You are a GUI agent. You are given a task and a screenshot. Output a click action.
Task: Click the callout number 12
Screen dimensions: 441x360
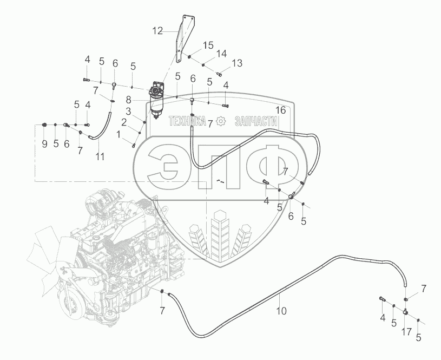tap(157, 31)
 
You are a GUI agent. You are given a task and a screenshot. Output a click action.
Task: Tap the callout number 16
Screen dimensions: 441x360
tap(279, 110)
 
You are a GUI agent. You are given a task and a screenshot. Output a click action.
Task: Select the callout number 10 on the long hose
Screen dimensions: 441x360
tap(281, 311)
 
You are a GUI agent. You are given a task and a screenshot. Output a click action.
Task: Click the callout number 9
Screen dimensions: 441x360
tap(44, 143)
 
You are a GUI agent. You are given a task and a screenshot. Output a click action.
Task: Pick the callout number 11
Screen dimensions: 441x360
tap(99, 157)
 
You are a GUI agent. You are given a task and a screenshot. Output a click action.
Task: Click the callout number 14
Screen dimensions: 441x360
tap(222, 54)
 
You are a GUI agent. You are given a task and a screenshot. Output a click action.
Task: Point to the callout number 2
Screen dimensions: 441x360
tap(124, 123)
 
